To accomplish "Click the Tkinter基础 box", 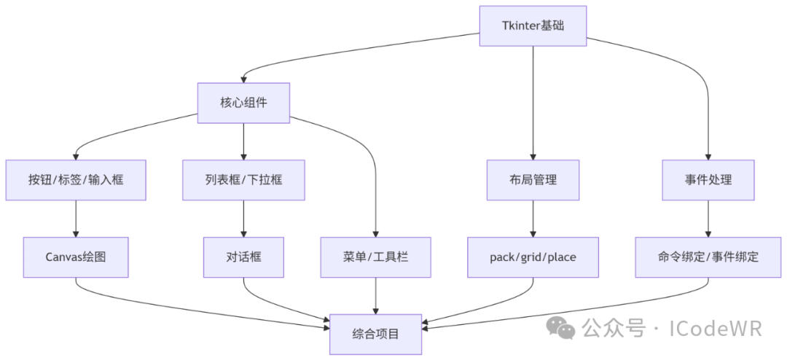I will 533,26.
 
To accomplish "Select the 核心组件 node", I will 243,102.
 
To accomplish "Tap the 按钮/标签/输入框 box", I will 76,179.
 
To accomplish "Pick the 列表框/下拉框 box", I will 243,179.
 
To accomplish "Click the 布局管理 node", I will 533,179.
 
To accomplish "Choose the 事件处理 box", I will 708,179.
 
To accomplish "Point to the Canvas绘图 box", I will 76,257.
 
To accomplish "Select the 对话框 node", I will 243,257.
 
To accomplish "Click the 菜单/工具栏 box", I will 375,257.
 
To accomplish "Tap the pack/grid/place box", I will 533,257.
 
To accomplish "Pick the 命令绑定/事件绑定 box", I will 708,257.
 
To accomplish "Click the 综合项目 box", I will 375,334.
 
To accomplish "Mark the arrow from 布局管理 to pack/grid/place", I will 533,218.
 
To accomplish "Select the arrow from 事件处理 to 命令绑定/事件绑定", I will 708,218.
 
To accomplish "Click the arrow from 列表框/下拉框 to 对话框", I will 243,218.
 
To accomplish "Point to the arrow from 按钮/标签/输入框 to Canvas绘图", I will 76,218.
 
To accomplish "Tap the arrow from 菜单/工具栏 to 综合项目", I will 375,295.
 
